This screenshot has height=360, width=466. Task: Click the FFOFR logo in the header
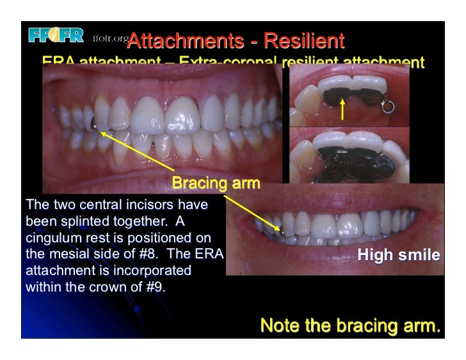(56, 36)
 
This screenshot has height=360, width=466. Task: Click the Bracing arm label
(216, 184)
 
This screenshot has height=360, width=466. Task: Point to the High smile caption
(398, 256)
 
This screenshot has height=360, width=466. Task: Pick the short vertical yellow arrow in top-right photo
(343, 110)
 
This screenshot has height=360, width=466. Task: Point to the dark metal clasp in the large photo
(94, 123)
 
